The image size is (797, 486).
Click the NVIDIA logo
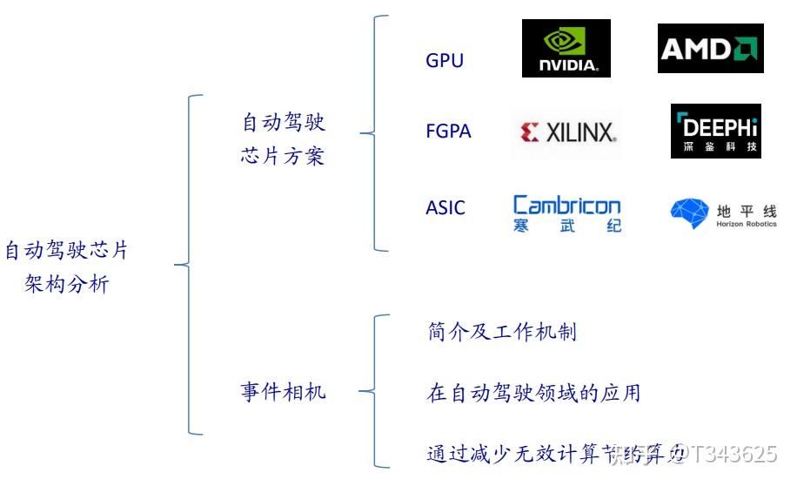pos(566,48)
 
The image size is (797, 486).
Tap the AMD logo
pos(710,48)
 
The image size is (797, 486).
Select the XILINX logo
pos(567,132)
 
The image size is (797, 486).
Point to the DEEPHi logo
pos(715,131)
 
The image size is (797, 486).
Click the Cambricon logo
pos(567,214)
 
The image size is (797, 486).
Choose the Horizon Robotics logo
pos(723,214)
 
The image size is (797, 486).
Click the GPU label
pos(445,60)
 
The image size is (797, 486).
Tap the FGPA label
pos(448,132)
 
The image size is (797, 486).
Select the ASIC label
pos(445,208)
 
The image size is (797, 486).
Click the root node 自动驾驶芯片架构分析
pos(67,267)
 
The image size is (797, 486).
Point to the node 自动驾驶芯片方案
pos(283,139)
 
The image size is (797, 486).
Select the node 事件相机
pos(283,392)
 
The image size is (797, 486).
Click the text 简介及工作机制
pos(502,332)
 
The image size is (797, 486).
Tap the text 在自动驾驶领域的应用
pos(534,393)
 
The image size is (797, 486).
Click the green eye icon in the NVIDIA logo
pos(565,40)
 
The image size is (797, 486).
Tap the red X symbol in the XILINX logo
pos(530,132)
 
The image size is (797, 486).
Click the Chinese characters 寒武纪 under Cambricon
pos(567,226)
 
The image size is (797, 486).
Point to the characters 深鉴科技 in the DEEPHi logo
pos(715,147)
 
